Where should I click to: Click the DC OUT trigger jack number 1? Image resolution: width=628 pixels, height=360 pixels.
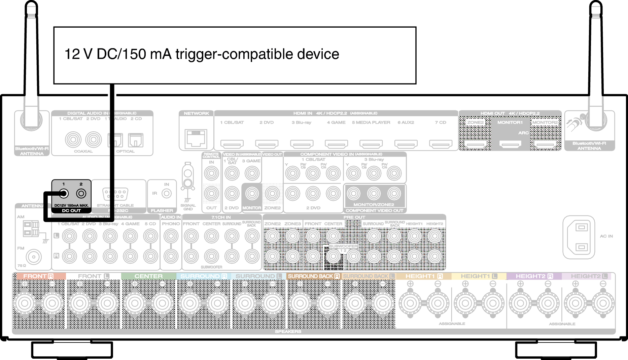pos(64,194)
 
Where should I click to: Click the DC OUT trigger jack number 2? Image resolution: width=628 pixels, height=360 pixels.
pos(81,194)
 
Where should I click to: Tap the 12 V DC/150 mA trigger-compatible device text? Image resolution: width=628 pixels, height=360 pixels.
pos(202,54)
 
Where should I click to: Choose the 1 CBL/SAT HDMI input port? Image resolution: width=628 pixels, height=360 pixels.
pos(232,144)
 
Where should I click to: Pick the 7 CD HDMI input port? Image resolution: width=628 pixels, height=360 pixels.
pos(441,144)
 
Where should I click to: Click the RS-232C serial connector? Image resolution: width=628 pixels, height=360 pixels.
pos(115,194)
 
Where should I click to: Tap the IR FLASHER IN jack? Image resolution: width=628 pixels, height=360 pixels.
pos(166,193)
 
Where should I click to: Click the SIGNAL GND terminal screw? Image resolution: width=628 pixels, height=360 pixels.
pos(187,184)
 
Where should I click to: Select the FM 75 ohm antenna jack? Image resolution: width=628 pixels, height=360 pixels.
pos(34,257)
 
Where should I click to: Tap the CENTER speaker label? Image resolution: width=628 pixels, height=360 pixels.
pos(148,276)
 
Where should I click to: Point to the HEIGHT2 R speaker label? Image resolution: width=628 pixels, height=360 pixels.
pos(534,276)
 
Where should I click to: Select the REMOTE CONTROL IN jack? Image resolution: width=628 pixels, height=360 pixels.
pos(211,174)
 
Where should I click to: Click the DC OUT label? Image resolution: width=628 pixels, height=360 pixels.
pos(71,210)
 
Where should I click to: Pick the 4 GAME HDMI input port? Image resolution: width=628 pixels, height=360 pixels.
pos(336,144)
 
